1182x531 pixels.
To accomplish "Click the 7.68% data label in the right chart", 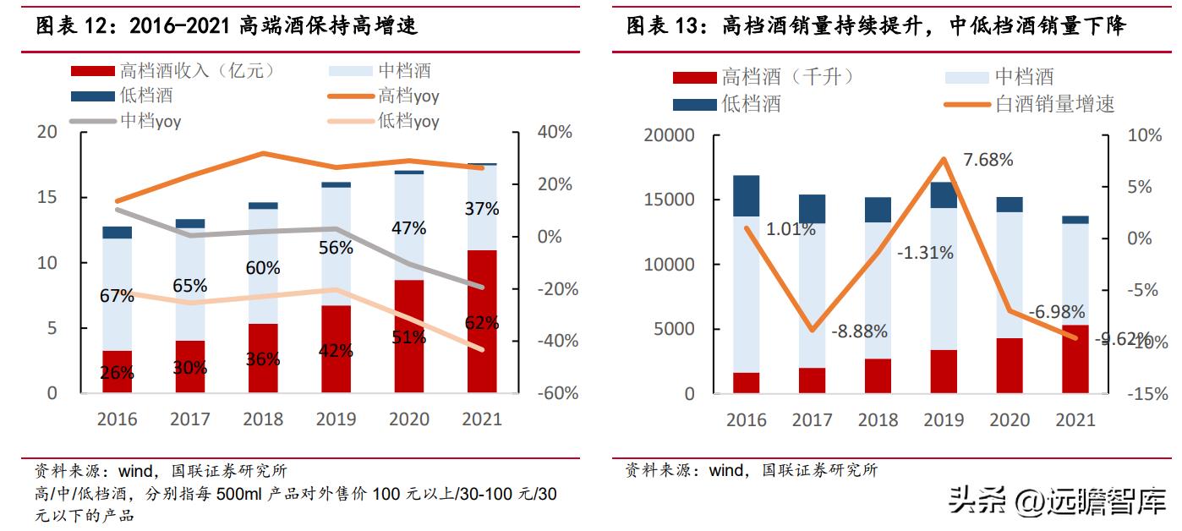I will pyautogui.click(x=982, y=160).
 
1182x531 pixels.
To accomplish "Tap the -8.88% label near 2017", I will pyautogui.click(x=859, y=331).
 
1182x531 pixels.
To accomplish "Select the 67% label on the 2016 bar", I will pyautogui.click(x=117, y=296).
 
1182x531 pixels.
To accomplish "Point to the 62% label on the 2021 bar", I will pyautogui.click(x=481, y=322).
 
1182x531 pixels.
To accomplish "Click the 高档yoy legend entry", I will pyautogui.click(x=408, y=96).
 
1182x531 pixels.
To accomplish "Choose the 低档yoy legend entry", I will pyautogui.click(x=408, y=121).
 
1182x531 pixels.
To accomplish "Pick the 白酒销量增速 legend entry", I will pyautogui.click(x=1053, y=104).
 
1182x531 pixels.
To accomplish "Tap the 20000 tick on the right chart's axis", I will pyautogui.click(x=668, y=135).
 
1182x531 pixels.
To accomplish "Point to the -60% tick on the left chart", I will pyautogui.click(x=555, y=393).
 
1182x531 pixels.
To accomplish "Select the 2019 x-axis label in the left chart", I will pyautogui.click(x=336, y=419).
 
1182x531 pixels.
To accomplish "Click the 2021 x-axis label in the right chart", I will pyautogui.click(x=1075, y=419).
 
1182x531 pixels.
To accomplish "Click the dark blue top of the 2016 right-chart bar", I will pyautogui.click(x=746, y=195).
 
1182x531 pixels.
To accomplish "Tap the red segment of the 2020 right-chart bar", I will pyautogui.click(x=1009, y=365).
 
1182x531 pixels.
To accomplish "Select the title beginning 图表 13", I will pyautogui.click(x=876, y=26).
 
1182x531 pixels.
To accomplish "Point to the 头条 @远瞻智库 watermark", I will pyautogui.click(x=1057, y=503).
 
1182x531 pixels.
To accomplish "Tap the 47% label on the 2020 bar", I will pyautogui.click(x=408, y=227).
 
